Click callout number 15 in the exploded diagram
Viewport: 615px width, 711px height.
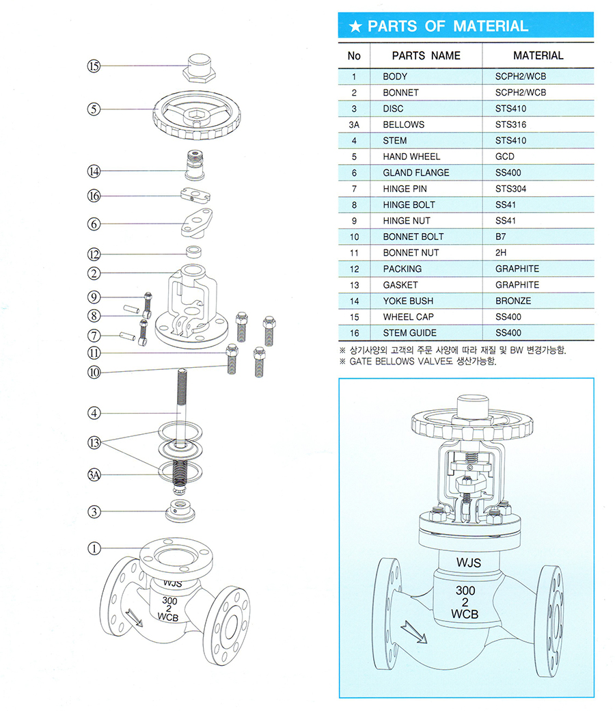coord(94,66)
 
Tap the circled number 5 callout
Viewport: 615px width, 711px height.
coord(94,109)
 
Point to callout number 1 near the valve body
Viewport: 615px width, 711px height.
coord(94,548)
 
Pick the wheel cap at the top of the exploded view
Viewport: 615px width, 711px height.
coord(197,66)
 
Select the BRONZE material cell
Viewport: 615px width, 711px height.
coord(512,301)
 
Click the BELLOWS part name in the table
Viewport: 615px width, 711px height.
coord(403,124)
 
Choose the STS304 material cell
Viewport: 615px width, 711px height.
coord(510,189)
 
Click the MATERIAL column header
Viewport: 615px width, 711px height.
coord(538,55)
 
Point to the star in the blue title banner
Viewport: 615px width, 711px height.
coord(355,27)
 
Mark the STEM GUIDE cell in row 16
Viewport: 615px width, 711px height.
coord(411,333)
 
